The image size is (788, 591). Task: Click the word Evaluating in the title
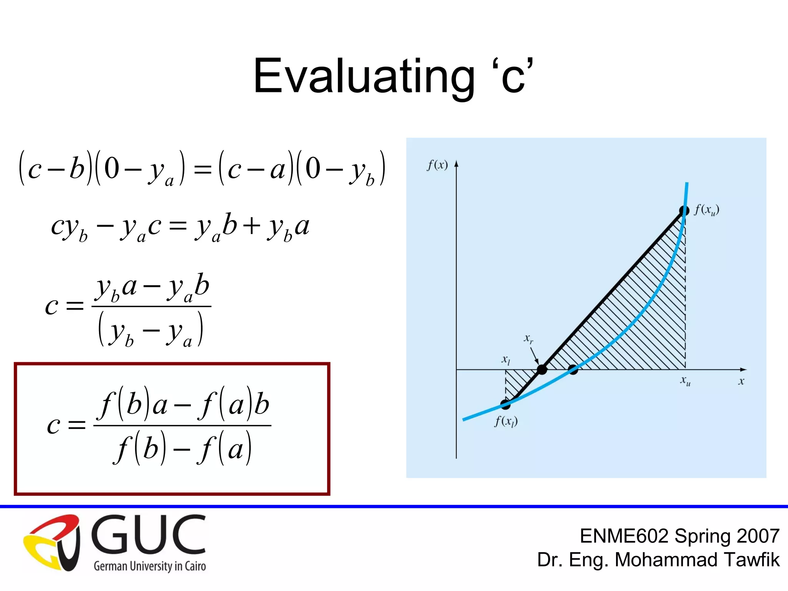(364, 76)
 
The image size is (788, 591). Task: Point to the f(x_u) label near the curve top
(706, 210)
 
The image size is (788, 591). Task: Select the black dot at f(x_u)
(684, 211)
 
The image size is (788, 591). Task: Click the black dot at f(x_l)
(505, 404)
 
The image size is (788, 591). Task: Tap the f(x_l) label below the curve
(506, 422)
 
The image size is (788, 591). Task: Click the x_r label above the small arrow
(528, 339)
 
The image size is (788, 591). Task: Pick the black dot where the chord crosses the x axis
(542, 370)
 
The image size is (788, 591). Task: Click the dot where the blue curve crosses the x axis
(573, 370)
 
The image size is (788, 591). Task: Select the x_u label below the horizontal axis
(685, 381)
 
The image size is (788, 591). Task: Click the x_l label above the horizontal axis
(506, 360)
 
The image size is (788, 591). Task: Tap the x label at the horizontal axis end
(741, 381)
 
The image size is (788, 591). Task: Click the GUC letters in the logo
(149, 535)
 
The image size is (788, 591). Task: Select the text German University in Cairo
(150, 566)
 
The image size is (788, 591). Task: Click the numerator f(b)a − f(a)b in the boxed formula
(184, 405)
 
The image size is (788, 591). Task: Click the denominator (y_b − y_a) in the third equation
(150, 330)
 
